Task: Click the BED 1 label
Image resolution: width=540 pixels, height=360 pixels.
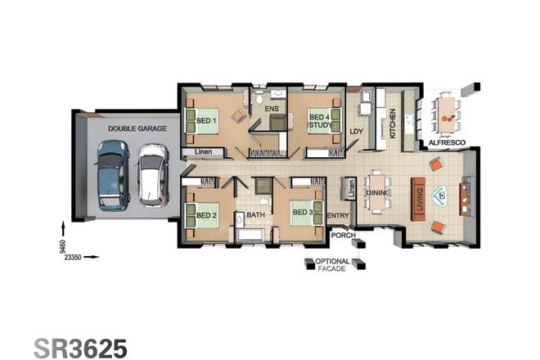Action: [x=205, y=121]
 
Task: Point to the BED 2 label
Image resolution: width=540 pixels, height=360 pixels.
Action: [x=205, y=216]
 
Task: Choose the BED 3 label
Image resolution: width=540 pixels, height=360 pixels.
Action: [x=304, y=213]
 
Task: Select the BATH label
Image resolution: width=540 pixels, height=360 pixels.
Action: [x=255, y=216]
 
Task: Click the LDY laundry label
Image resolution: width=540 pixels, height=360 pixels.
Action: [x=356, y=131]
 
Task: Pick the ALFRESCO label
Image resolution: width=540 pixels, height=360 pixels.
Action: [x=448, y=143]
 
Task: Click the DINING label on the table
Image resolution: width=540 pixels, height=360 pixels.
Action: [x=377, y=193]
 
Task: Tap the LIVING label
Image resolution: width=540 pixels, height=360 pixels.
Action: [x=420, y=200]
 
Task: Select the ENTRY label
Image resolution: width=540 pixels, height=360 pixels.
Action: [x=338, y=216]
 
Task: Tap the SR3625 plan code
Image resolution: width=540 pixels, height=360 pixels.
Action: [x=80, y=346]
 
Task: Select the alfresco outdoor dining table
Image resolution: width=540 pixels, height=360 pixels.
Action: [x=446, y=113]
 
